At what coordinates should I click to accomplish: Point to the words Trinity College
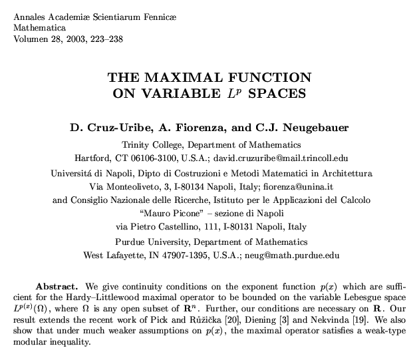(x=151, y=144)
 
